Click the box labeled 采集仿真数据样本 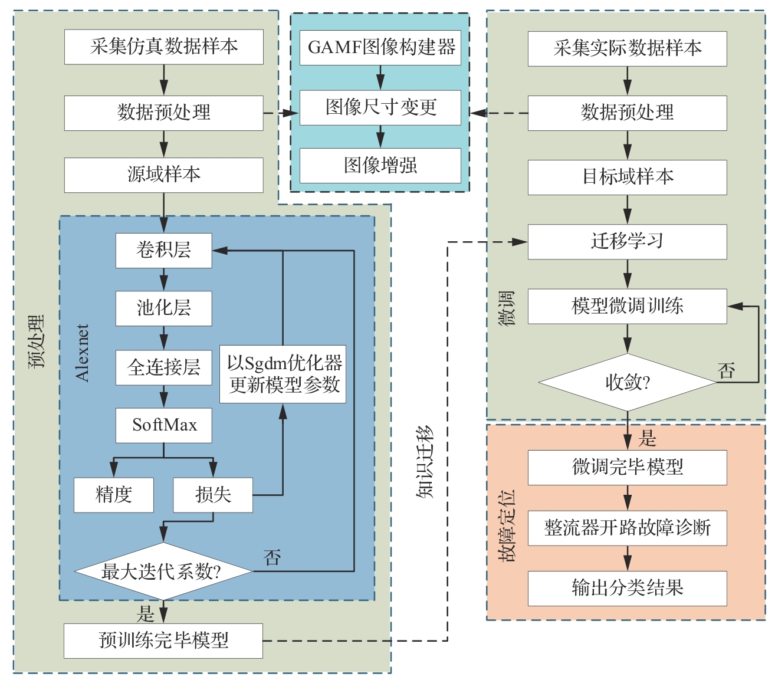163,47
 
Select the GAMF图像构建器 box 380,47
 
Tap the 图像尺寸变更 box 380,107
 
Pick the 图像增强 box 380,165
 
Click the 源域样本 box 163,175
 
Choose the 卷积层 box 163,250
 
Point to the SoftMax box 163,425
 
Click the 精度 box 113,494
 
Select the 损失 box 213,494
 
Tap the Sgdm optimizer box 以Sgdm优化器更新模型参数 283,374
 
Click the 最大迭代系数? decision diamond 163,571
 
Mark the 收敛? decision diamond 627,382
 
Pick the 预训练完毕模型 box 163,640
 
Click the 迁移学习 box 627,242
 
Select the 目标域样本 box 627,177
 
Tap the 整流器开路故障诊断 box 627,528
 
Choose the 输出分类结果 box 627,588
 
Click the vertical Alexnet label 83,353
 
